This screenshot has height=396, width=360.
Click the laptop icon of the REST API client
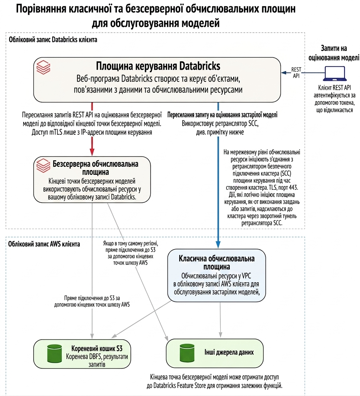click(335, 73)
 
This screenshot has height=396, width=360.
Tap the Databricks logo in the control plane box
click(44, 67)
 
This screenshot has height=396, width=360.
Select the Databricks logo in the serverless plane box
click(44, 165)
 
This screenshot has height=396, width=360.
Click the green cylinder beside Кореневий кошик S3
click(55, 354)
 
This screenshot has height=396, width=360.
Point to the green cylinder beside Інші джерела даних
click(187, 352)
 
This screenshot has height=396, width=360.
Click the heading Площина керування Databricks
click(158, 66)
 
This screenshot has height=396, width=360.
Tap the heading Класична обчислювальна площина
click(217, 263)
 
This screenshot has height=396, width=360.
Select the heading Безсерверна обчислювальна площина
click(96, 168)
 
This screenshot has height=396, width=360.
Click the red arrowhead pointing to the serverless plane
click(92, 152)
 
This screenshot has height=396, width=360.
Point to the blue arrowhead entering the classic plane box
click(218, 245)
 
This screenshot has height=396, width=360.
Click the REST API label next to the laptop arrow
click(296, 72)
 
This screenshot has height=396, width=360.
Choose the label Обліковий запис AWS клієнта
click(44, 244)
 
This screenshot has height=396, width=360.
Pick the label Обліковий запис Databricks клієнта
click(53, 39)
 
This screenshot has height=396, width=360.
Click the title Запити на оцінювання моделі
click(334, 53)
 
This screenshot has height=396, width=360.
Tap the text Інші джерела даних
click(229, 352)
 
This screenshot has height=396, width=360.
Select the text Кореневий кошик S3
click(97, 348)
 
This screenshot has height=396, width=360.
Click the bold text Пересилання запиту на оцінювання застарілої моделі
click(222, 115)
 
